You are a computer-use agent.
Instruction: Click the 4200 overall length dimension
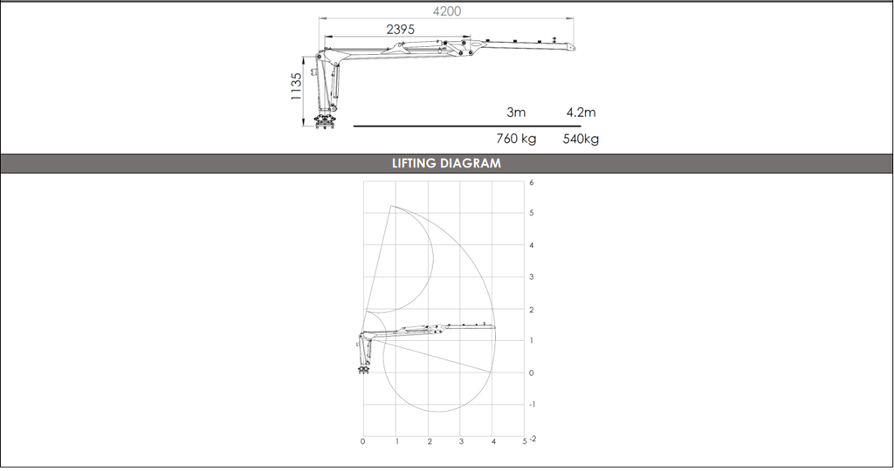pos(446,11)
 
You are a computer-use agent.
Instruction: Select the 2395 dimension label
pos(400,30)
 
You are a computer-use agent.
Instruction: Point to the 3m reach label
pos(516,113)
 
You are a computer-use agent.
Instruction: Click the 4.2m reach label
pos(581,113)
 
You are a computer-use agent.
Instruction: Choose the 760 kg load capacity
pos(516,140)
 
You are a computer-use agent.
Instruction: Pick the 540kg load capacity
pos(581,140)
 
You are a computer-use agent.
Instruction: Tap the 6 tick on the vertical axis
pos(531,182)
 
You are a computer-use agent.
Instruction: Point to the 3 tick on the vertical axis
pos(531,277)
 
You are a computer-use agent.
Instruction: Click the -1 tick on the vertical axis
pos(531,405)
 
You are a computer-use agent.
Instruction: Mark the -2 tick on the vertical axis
pos(533,438)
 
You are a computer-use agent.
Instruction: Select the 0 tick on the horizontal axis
pos(362,442)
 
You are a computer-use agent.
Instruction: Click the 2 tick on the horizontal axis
pos(429,442)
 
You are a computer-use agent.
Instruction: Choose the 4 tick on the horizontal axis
pos(493,442)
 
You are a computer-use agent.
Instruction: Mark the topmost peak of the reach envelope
pos(392,207)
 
